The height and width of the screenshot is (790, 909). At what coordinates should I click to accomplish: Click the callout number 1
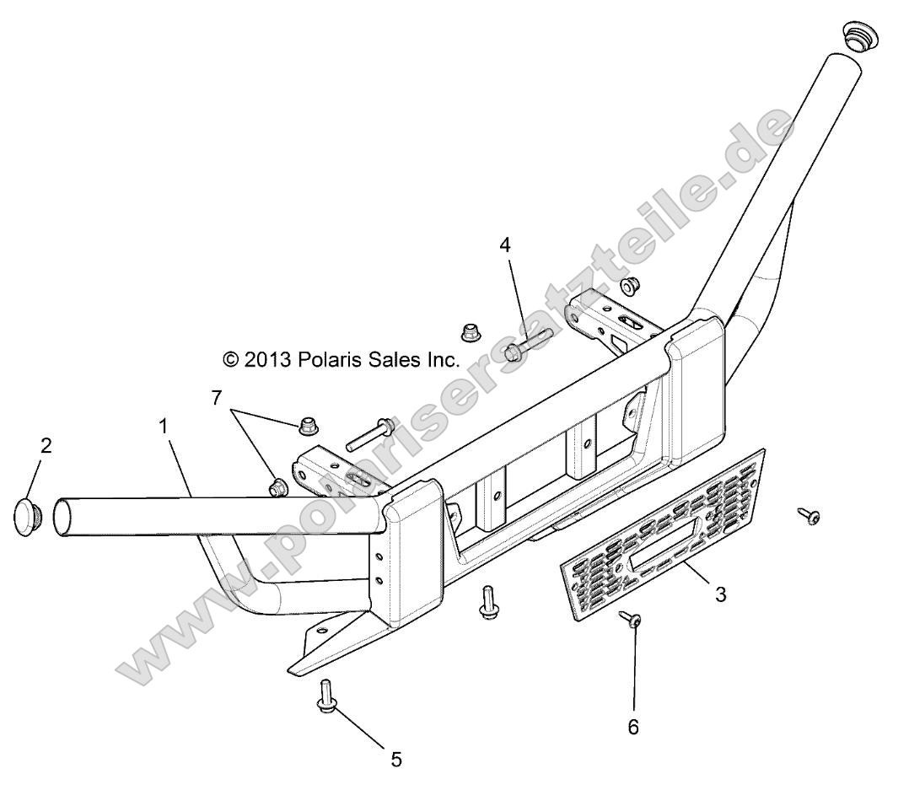(x=164, y=427)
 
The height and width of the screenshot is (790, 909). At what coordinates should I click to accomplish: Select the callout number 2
(x=46, y=446)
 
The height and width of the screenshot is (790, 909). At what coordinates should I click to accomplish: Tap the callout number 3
(x=721, y=594)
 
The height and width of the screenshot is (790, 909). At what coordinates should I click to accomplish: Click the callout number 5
(x=396, y=760)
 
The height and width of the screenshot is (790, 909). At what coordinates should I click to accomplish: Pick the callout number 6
(x=634, y=726)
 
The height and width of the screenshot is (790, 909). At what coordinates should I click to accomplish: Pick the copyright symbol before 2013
(x=230, y=359)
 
